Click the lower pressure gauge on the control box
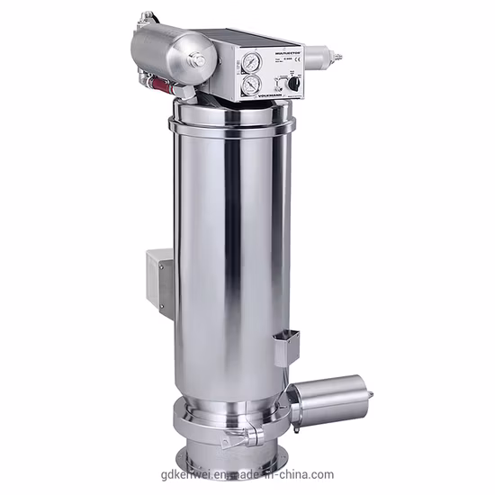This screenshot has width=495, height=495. pyautogui.click(x=247, y=86)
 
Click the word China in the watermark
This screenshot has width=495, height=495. pyautogui.click(x=315, y=474)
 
